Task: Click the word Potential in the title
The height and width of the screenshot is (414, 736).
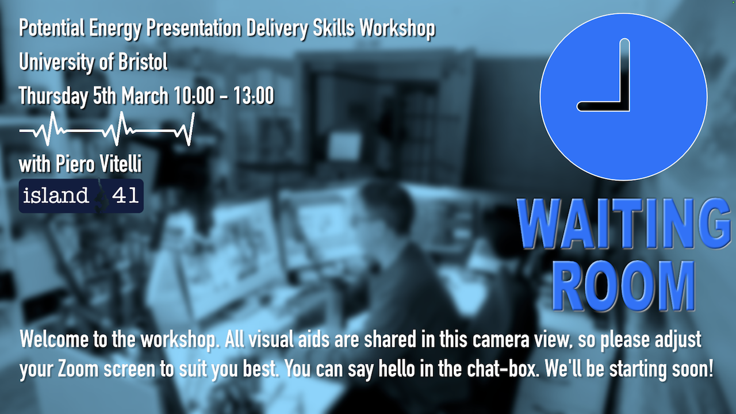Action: [52, 28]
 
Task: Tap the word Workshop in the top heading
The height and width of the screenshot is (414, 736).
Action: [397, 28]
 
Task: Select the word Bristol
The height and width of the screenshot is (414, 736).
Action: [143, 62]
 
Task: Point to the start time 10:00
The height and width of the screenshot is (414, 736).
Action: [194, 95]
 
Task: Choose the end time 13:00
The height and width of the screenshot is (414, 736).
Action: [254, 95]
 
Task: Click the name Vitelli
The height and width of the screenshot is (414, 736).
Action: [121, 164]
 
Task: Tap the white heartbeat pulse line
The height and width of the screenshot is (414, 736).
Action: [107, 129]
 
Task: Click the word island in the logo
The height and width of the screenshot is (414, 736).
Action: [56, 195]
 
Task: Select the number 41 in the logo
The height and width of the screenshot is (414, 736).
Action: [125, 195]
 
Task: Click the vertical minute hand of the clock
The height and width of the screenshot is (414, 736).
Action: [624, 74]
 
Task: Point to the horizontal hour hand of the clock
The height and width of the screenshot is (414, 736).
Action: [603, 106]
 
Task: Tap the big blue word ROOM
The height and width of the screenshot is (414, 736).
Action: [624, 286]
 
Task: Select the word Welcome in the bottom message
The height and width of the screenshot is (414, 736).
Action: [54, 339]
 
